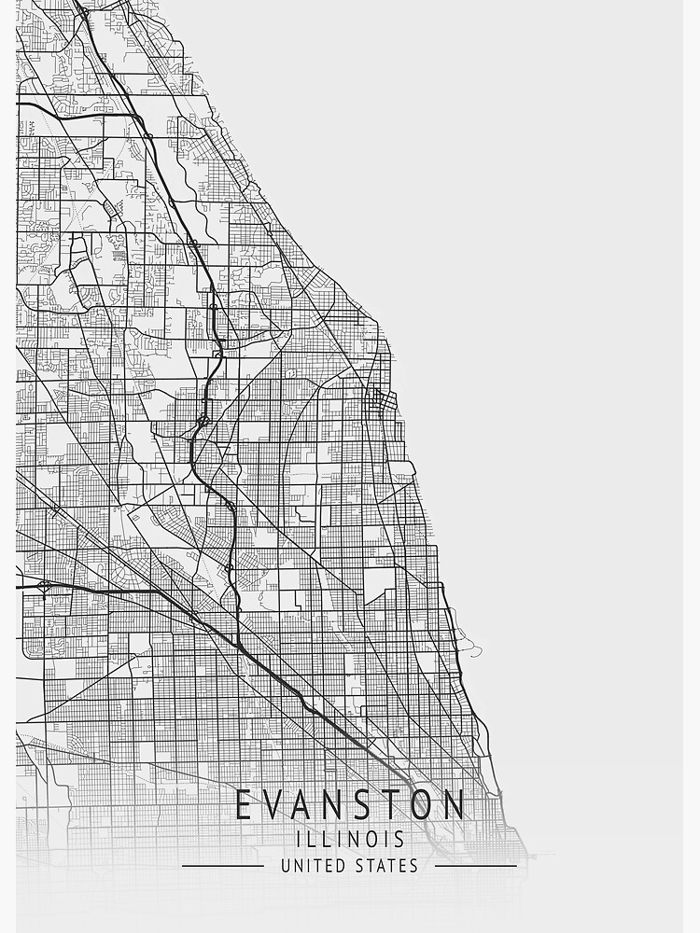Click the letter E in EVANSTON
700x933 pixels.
[244, 804]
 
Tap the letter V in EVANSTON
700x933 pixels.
[275, 804]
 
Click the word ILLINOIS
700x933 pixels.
[350, 839]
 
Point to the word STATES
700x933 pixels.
[387, 866]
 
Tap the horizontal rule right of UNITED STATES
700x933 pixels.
[476, 866]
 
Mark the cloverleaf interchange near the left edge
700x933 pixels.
[45, 587]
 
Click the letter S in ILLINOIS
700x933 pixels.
[399, 839]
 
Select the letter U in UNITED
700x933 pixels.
[286, 866]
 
